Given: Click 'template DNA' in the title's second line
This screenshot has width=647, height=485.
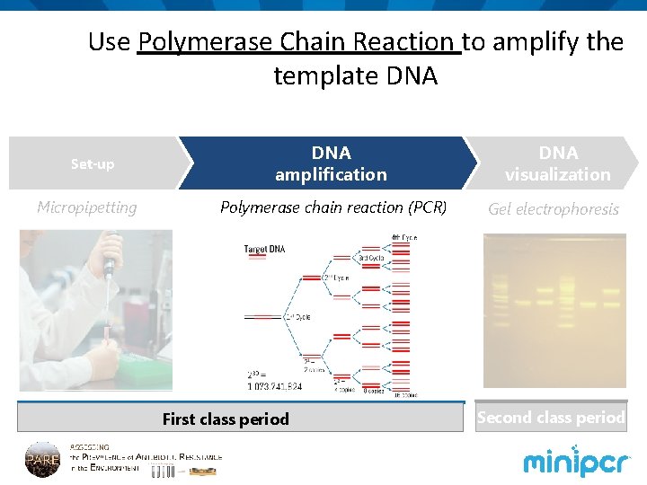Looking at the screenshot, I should coord(355,76).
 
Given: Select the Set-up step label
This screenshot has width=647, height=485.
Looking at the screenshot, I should coord(93,164).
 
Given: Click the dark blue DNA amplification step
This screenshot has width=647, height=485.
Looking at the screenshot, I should coord(330,163).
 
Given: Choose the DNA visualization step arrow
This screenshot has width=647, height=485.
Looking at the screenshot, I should coord(557,163).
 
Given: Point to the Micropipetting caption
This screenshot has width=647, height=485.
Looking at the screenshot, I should coord(87,207).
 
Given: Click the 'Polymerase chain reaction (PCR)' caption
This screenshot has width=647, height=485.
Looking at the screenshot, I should coord(333,207).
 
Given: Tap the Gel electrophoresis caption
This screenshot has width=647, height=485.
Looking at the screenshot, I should coord(554,209).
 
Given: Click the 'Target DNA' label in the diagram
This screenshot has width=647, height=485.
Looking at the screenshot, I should coord(264,249).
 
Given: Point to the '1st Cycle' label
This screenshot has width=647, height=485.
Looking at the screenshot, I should coord(298,317).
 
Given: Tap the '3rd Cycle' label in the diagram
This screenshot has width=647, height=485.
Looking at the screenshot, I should coord(373,258).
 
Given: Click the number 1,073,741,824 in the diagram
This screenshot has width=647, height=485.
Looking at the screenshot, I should coord(276,385).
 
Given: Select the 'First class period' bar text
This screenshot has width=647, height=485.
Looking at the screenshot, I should coord(226,419).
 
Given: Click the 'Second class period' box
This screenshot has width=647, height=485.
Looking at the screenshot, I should coord(550,418).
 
